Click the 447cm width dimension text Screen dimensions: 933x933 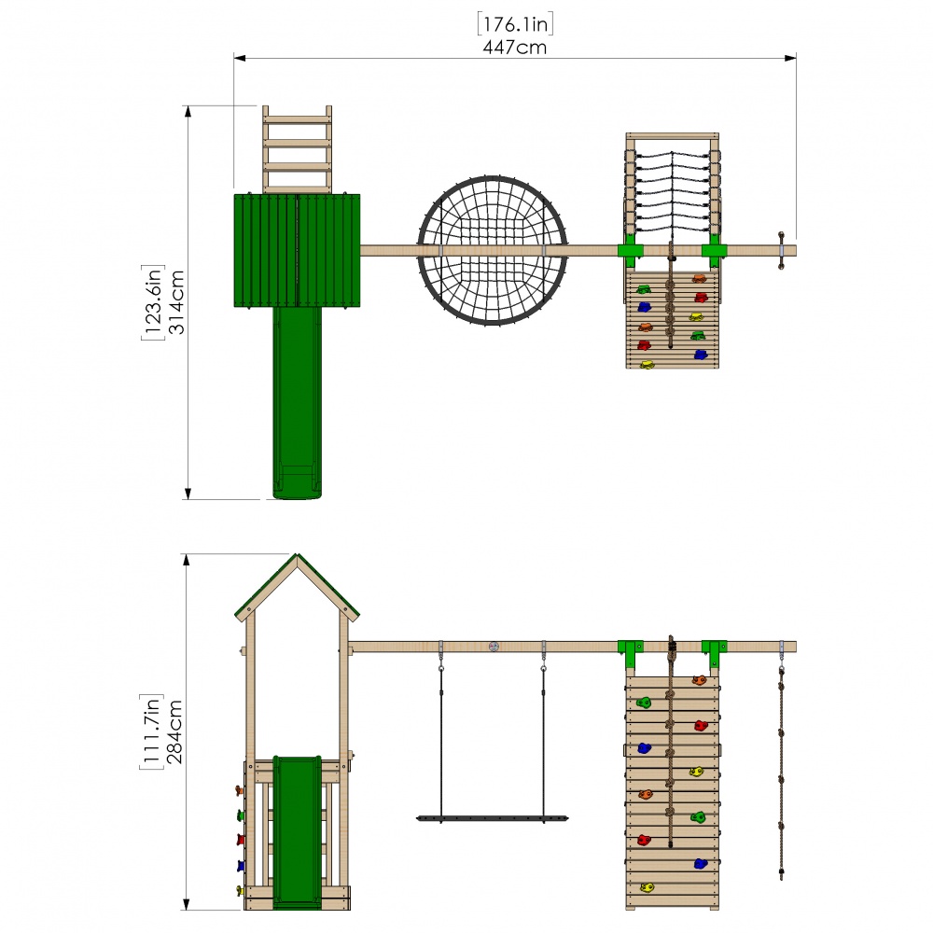click(x=514, y=48)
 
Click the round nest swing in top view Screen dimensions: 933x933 click(x=493, y=250)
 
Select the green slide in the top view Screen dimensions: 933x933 click(x=297, y=401)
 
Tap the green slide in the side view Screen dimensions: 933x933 click(x=297, y=830)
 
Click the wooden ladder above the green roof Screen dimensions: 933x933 click(x=297, y=149)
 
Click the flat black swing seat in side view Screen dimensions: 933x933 click(x=492, y=818)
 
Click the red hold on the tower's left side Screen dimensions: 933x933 click(x=241, y=840)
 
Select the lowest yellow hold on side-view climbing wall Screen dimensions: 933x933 click(x=646, y=886)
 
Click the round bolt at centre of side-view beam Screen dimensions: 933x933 click(x=493, y=647)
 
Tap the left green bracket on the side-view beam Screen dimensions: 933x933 click(x=631, y=649)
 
